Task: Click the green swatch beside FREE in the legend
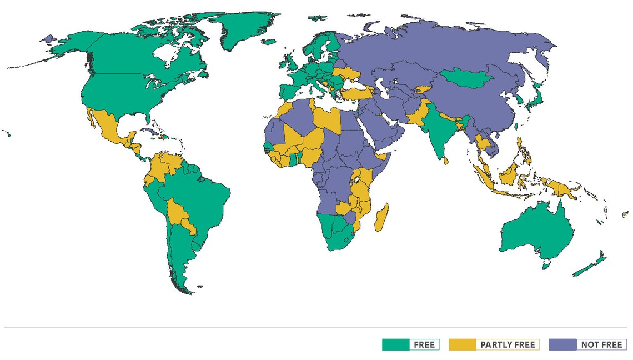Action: coord(396,344)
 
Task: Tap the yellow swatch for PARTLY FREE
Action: coord(463,344)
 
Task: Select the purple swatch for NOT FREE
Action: coord(562,344)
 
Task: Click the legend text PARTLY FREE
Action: coord(508,344)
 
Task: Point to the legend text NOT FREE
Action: coord(601,344)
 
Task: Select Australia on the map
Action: coord(536,233)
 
